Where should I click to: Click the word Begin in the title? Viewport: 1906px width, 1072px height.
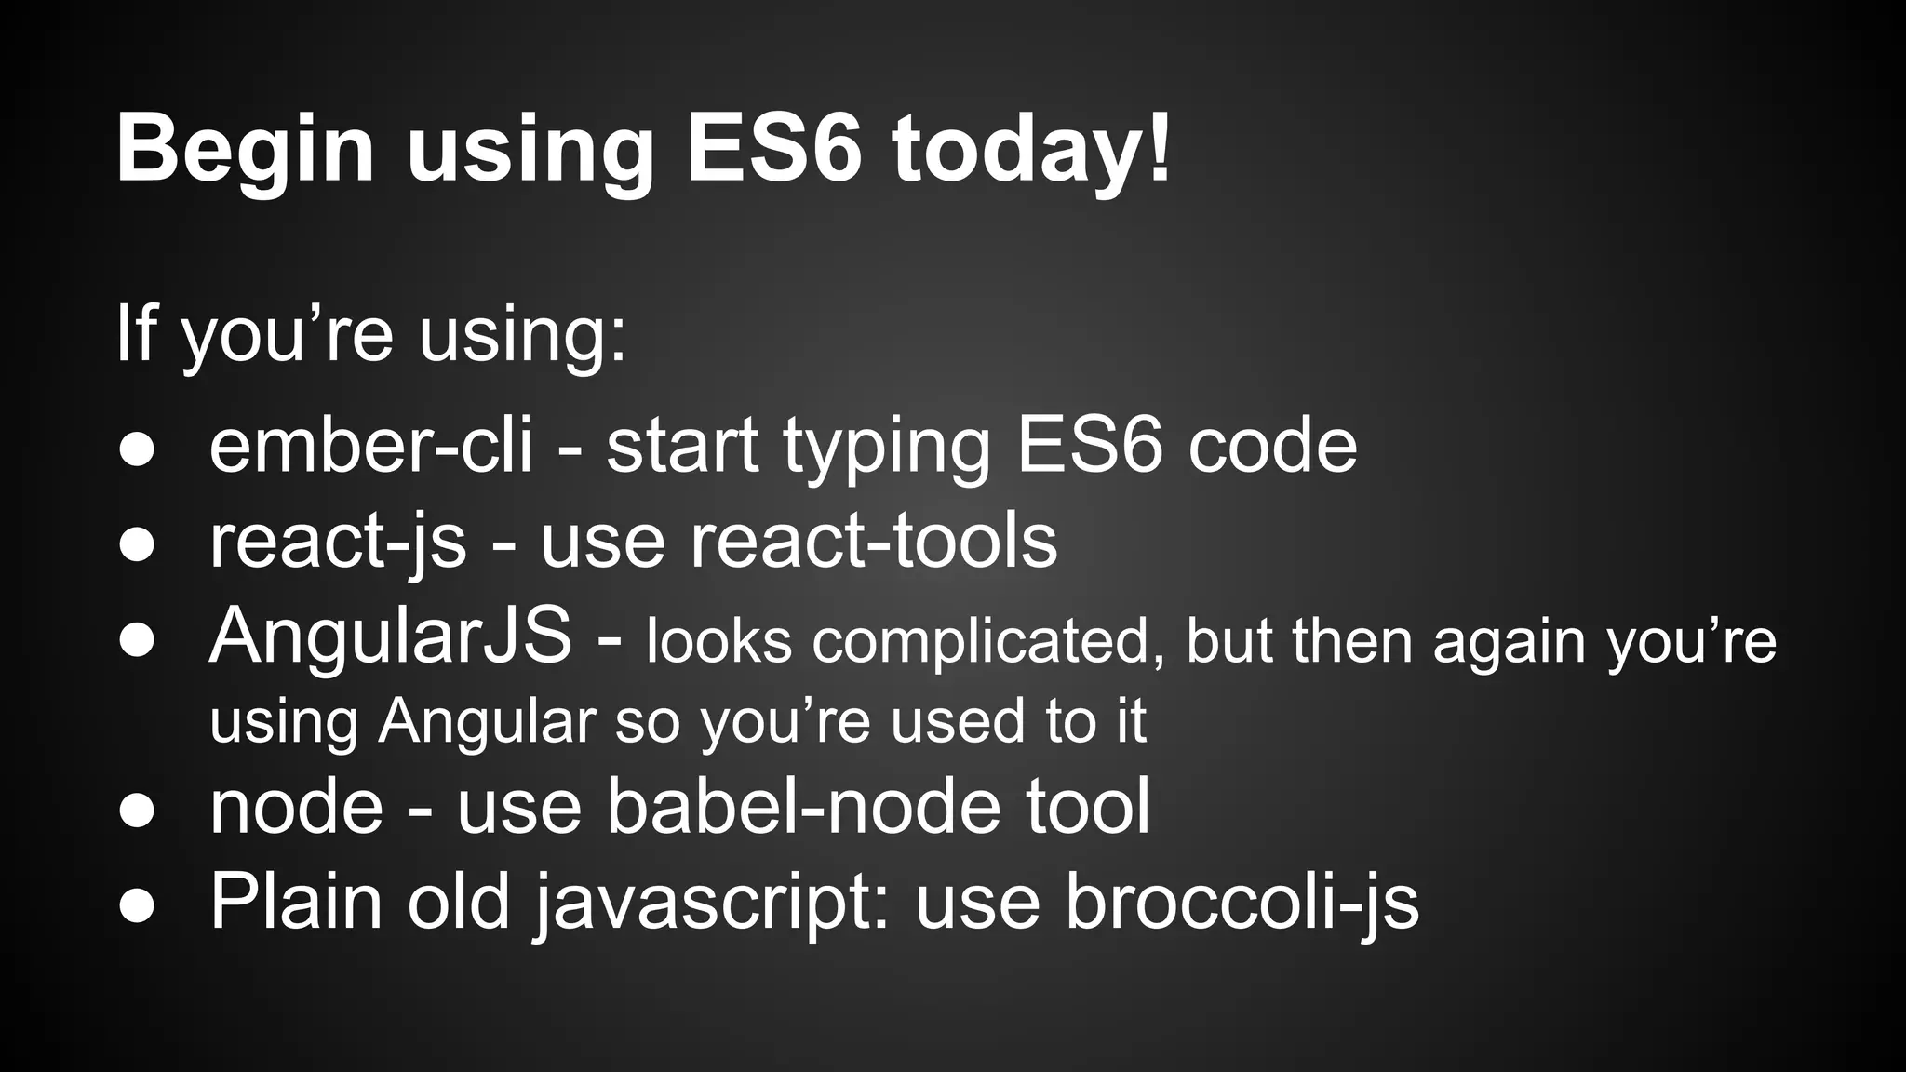pos(245,149)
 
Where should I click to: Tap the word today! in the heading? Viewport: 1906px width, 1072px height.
pos(1031,149)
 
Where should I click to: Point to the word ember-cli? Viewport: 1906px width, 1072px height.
pos(370,446)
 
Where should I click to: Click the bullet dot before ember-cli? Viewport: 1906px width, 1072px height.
pos(137,449)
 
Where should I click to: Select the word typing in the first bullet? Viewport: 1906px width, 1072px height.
pos(886,446)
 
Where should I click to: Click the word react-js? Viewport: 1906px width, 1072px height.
pos(337,542)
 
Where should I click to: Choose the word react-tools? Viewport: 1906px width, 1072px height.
pos(873,542)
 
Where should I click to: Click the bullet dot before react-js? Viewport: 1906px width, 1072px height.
pos(137,545)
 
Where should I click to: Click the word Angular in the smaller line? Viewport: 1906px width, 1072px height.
pos(487,721)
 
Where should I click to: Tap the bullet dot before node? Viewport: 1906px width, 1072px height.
pos(137,810)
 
